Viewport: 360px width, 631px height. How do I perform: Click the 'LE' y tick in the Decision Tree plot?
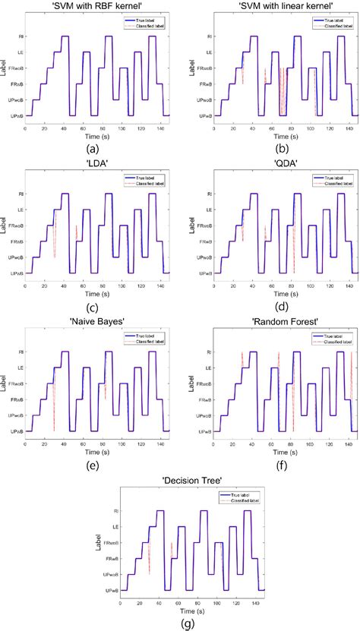[115, 526]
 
